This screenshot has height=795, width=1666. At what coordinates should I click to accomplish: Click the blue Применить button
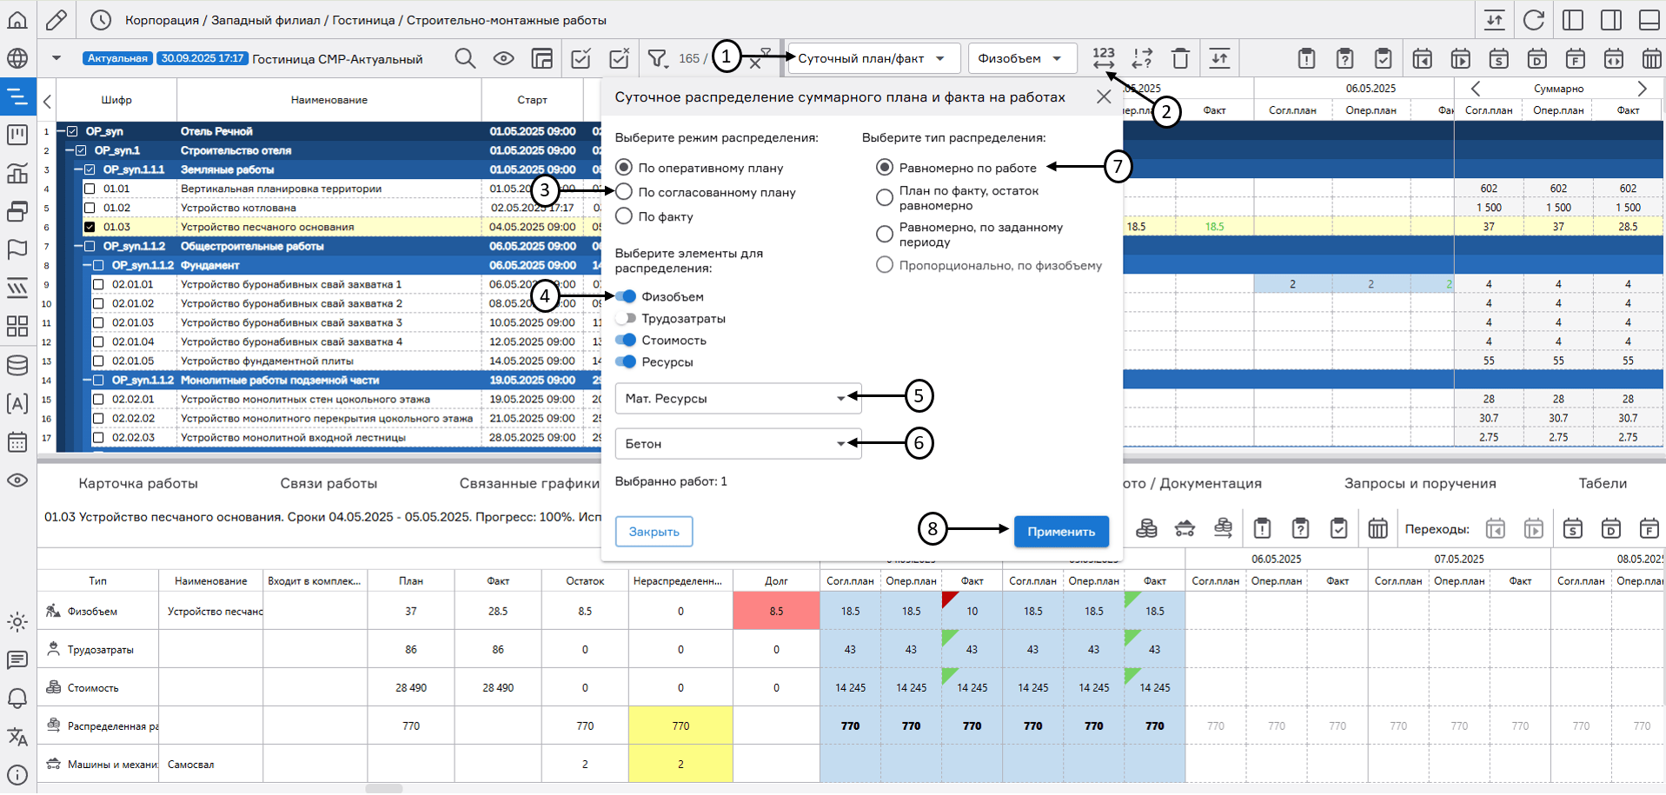tap(1060, 532)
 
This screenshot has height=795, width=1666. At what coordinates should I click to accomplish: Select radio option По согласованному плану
tap(624, 192)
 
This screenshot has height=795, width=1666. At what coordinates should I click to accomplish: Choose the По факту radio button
tap(624, 216)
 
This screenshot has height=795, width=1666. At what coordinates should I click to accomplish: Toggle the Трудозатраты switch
tap(626, 319)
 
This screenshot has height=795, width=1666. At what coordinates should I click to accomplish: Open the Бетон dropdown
tap(737, 444)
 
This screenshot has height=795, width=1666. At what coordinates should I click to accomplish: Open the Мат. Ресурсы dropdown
tap(737, 399)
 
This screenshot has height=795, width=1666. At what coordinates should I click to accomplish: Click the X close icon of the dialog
tap(1104, 97)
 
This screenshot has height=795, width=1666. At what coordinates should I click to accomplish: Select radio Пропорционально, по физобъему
tap(885, 265)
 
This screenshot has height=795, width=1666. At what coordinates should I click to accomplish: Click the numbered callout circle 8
tap(933, 528)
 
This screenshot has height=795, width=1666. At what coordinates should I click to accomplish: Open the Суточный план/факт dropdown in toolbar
tap(873, 58)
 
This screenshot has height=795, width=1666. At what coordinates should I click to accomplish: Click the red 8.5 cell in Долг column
tap(776, 611)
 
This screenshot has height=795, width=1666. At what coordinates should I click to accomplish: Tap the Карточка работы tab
tap(138, 483)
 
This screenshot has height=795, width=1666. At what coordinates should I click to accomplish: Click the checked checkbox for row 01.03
tap(90, 227)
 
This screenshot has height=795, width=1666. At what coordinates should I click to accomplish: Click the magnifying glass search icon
tap(465, 58)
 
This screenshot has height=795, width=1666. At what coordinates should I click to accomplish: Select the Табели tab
tap(1603, 483)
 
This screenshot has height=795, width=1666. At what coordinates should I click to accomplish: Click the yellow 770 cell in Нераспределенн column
tap(680, 725)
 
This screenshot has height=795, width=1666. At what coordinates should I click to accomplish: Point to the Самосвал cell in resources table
tap(191, 765)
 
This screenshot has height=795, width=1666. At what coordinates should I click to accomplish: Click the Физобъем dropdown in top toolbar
tap(1021, 58)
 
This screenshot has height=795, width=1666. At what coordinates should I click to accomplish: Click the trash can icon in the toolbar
tap(1180, 58)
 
